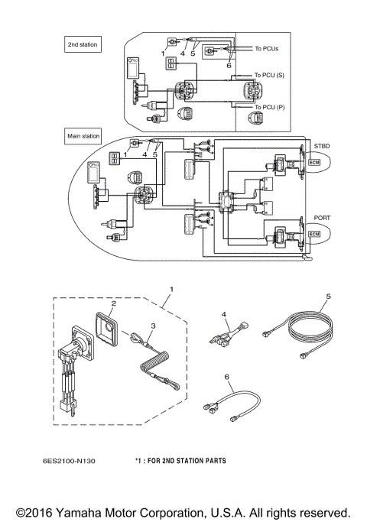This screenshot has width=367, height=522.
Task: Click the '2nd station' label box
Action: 83,46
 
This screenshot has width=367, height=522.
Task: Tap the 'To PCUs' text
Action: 268,49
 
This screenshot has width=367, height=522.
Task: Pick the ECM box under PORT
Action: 314,235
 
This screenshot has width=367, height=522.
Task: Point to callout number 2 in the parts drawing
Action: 112,303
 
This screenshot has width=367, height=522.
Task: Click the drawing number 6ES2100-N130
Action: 76,461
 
